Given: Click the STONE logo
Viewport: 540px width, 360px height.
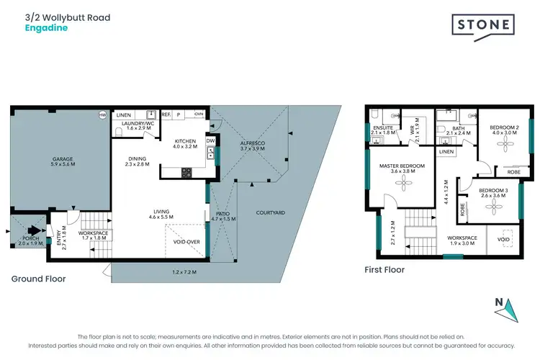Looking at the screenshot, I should (483, 25).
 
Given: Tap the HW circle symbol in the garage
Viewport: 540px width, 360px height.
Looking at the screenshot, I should (102, 114).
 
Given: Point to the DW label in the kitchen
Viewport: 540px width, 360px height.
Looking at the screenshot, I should (210, 141).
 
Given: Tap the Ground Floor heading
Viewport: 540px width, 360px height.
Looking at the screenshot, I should (38, 279).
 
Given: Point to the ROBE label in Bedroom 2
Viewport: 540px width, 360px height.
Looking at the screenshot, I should (514, 172).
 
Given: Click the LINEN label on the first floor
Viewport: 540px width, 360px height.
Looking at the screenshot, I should (446, 152).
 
